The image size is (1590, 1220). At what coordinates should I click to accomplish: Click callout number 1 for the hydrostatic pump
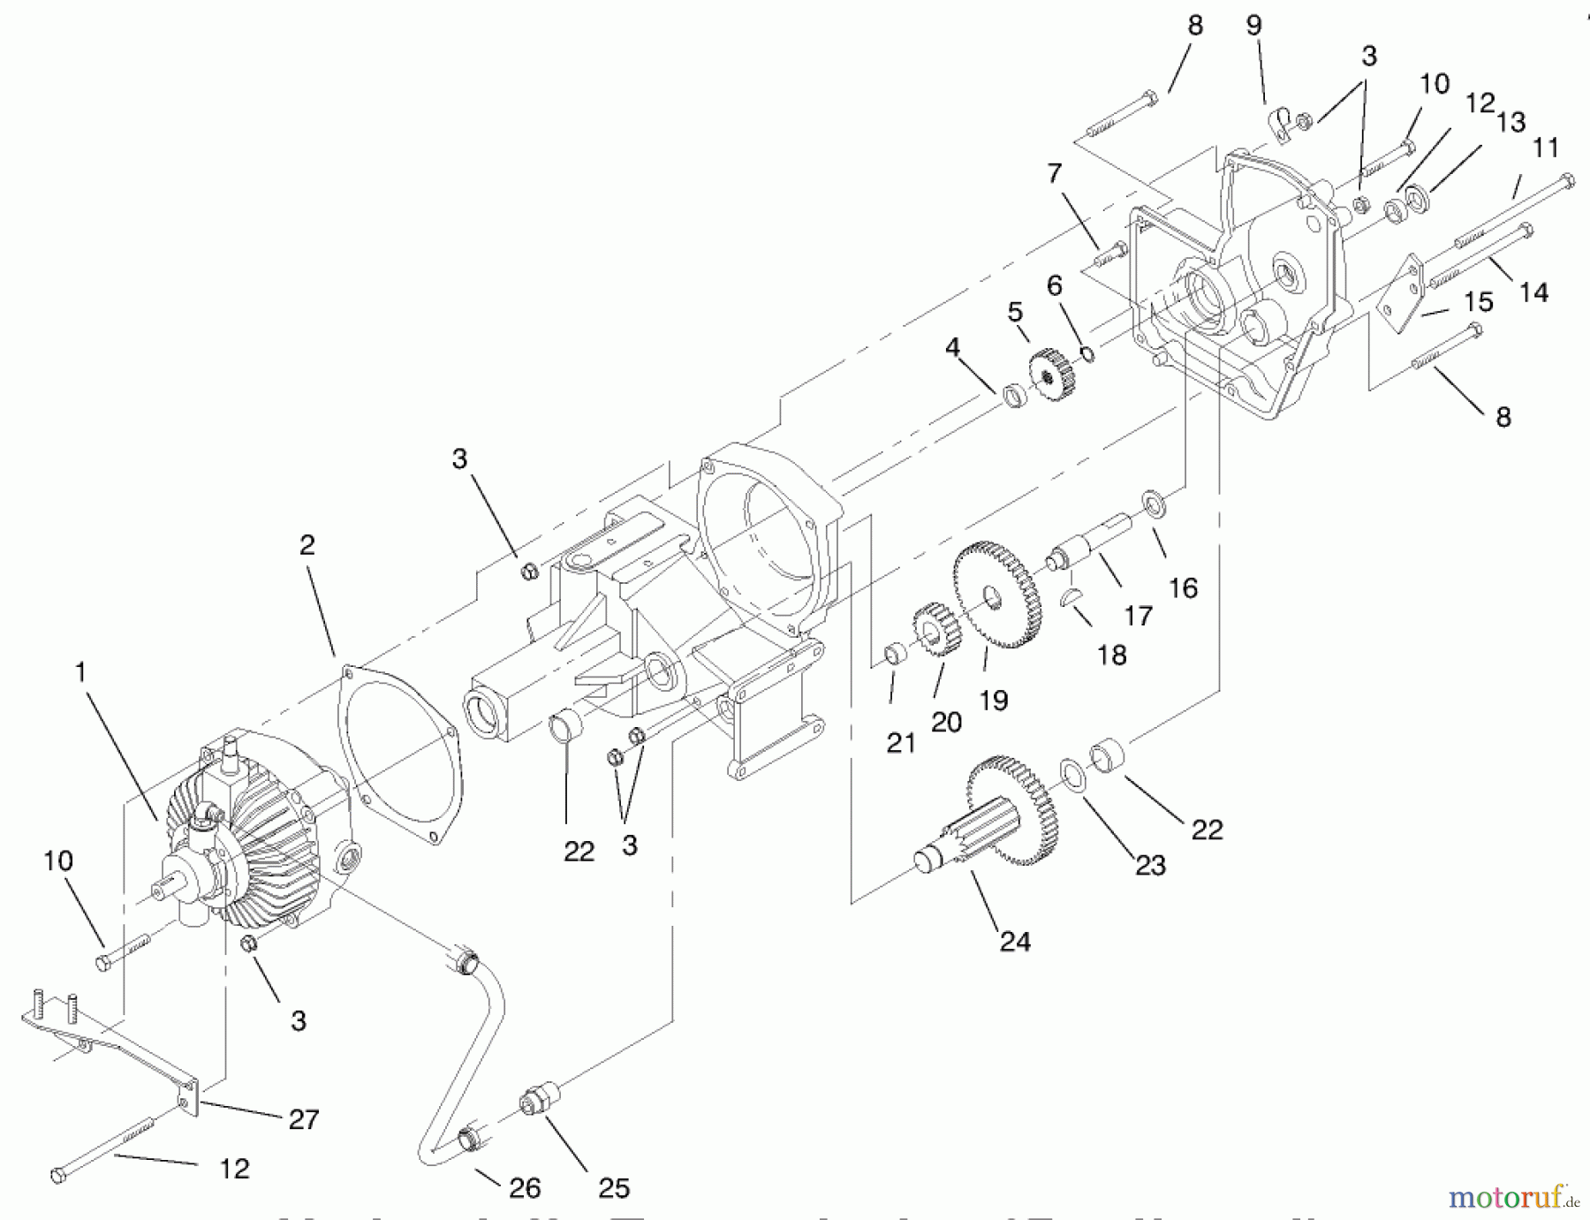tap(80, 673)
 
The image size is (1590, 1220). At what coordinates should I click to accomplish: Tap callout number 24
tap(1014, 942)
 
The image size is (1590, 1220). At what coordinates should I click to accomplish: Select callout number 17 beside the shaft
tap(1138, 615)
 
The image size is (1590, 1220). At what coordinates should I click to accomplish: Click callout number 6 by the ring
tap(1054, 285)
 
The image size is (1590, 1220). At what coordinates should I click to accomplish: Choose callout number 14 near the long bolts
tap(1533, 292)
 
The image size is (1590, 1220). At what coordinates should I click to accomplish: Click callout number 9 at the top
tap(1253, 25)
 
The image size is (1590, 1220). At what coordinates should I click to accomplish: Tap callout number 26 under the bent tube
tap(524, 1188)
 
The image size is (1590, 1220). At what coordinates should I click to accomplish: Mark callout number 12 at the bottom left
tap(234, 1169)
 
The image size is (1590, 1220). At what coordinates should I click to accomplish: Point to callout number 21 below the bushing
tap(900, 743)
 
